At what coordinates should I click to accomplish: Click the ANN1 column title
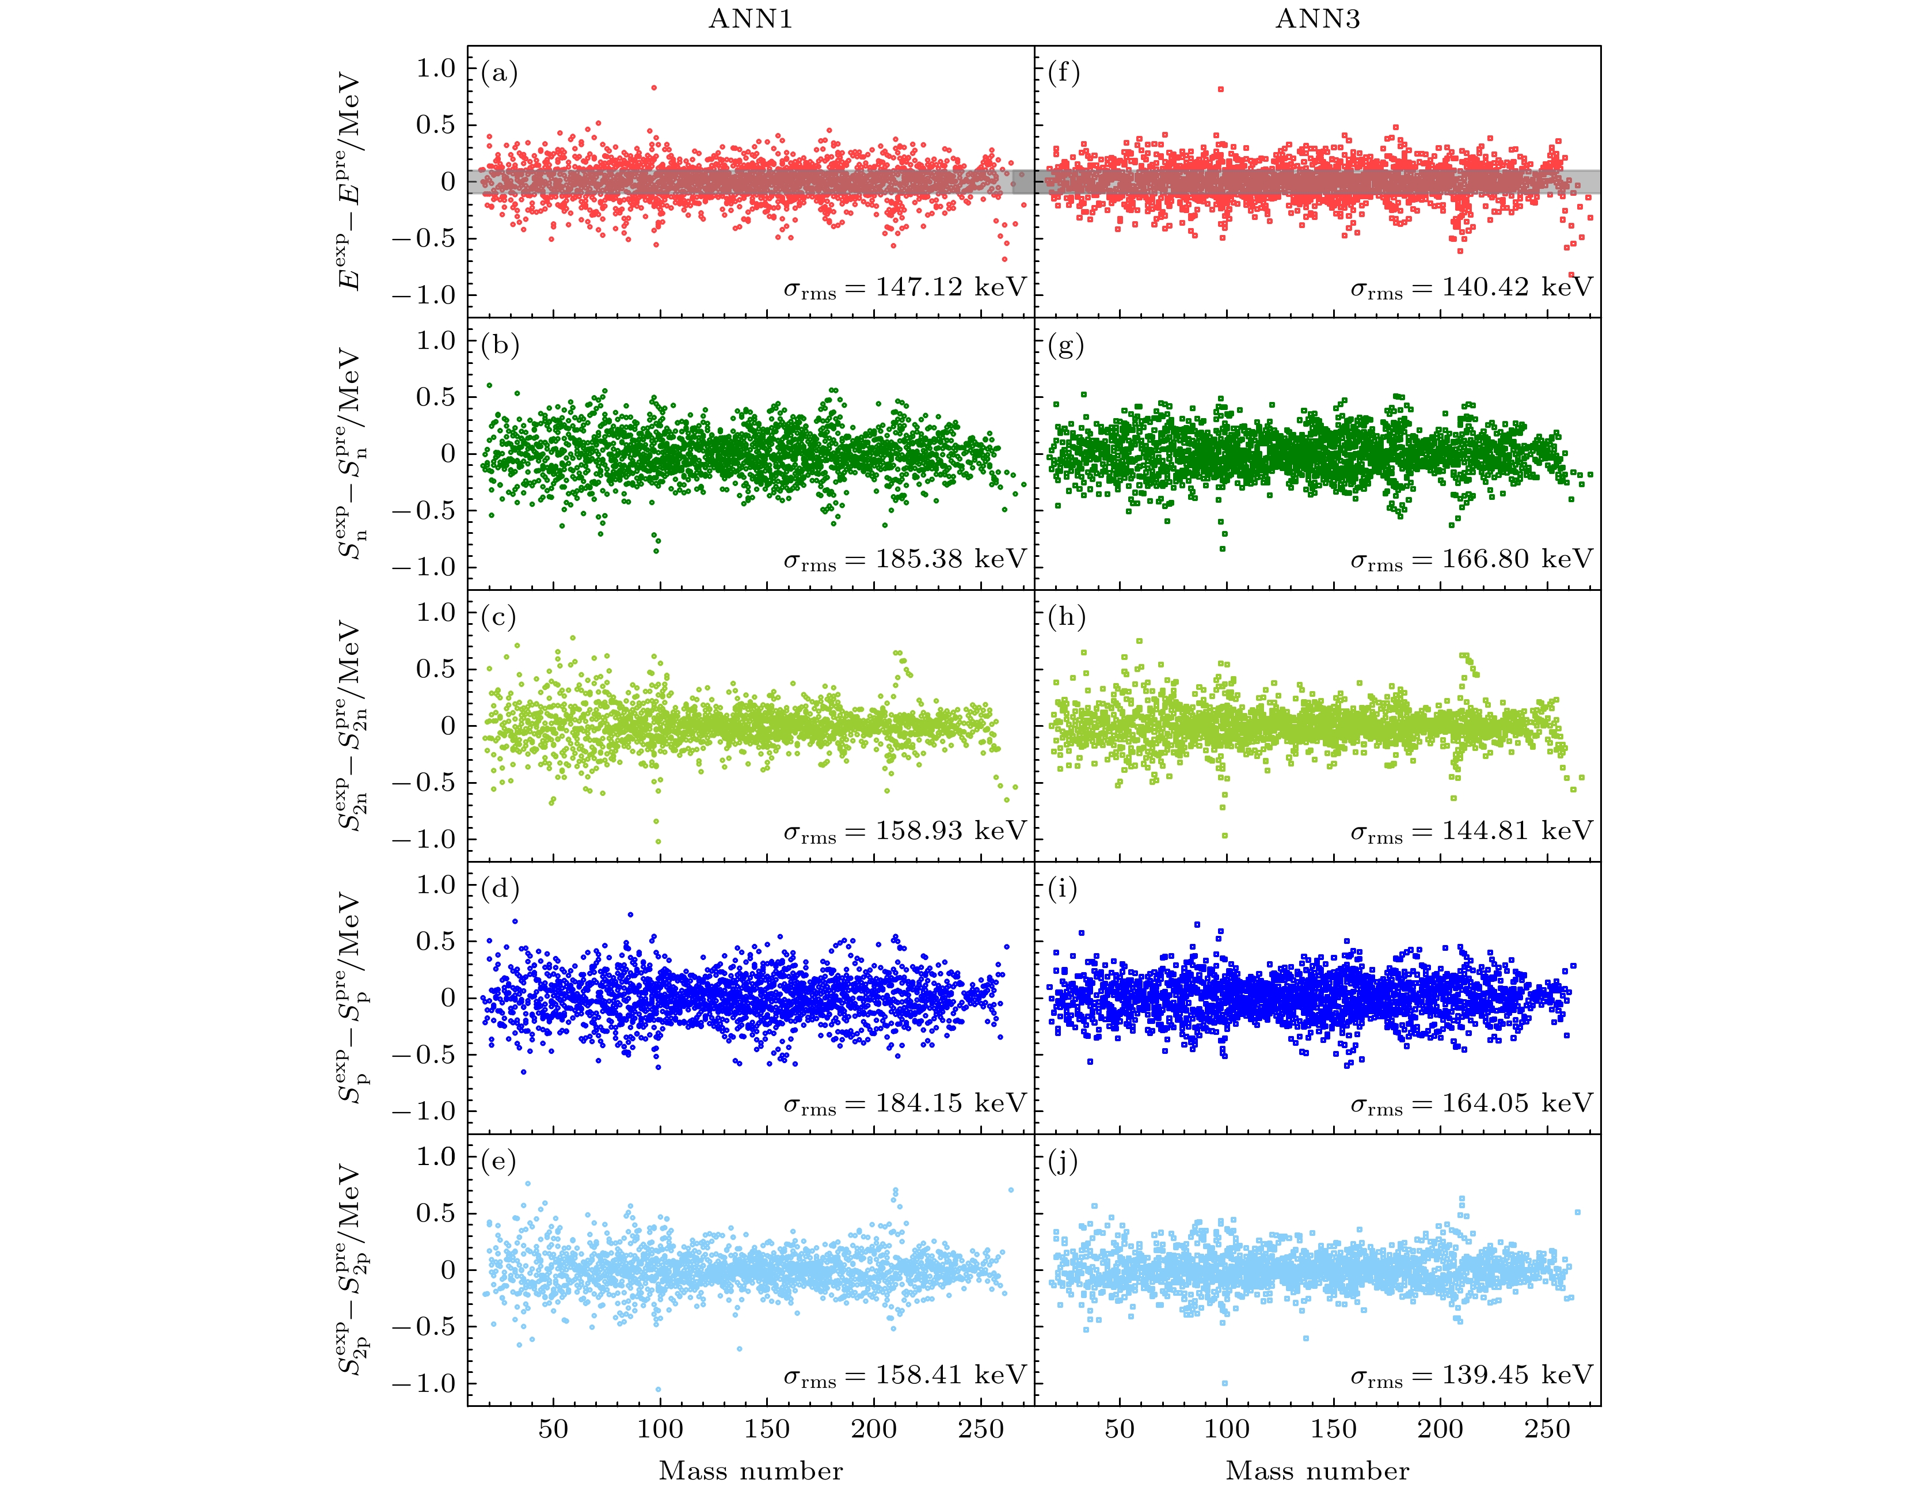tap(751, 20)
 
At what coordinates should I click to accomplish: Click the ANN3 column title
tap(1318, 20)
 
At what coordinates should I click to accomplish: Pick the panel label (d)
tap(500, 889)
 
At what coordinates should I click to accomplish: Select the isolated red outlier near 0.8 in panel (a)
tap(653, 88)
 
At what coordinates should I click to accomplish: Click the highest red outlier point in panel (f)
tap(1220, 89)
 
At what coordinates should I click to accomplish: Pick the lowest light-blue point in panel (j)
tap(1224, 1383)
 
